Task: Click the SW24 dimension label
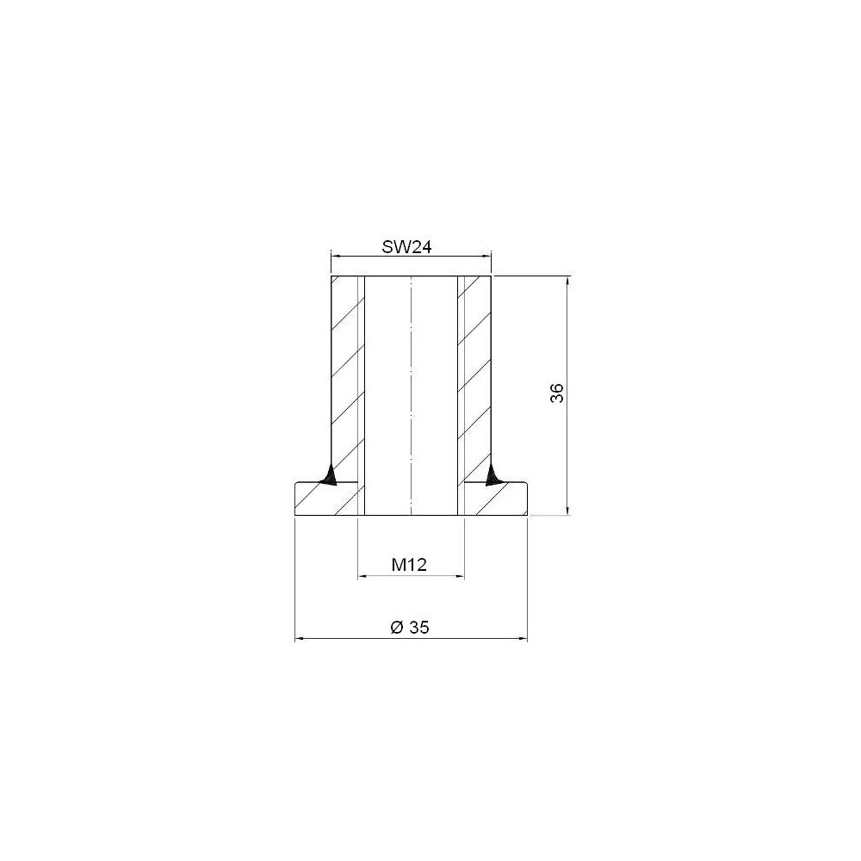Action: click(x=406, y=247)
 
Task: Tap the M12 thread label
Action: click(x=409, y=565)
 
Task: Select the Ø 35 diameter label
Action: click(x=410, y=627)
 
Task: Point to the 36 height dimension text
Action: click(x=557, y=393)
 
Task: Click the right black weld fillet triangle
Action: click(x=492, y=475)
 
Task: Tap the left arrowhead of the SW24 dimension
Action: click(x=335, y=256)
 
